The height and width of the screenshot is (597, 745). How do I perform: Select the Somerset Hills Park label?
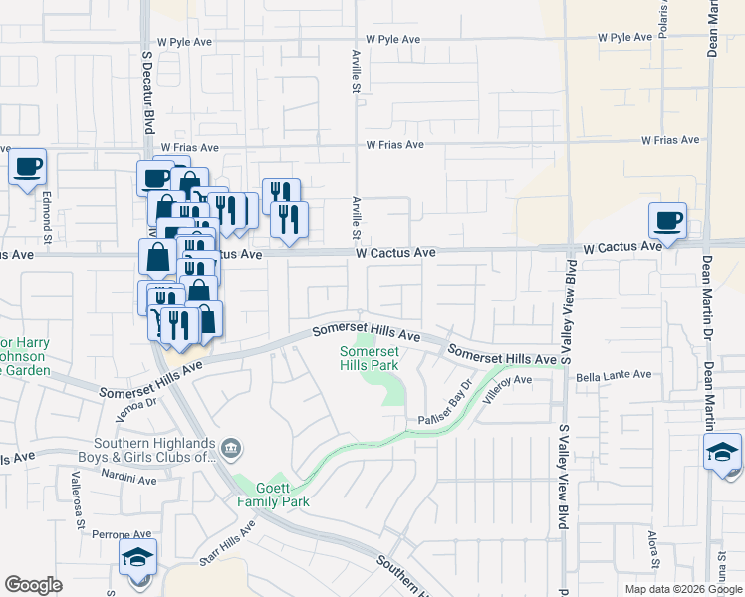[370, 358]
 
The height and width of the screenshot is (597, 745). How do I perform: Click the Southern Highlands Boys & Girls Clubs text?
[155, 451]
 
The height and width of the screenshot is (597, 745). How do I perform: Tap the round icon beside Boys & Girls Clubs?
[231, 449]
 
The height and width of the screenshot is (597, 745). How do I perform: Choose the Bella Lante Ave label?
[618, 375]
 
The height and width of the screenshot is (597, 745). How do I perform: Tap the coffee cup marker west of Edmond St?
[28, 166]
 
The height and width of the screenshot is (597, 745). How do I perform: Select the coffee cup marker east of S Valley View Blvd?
[667, 220]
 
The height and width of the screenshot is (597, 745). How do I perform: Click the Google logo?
[34, 585]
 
